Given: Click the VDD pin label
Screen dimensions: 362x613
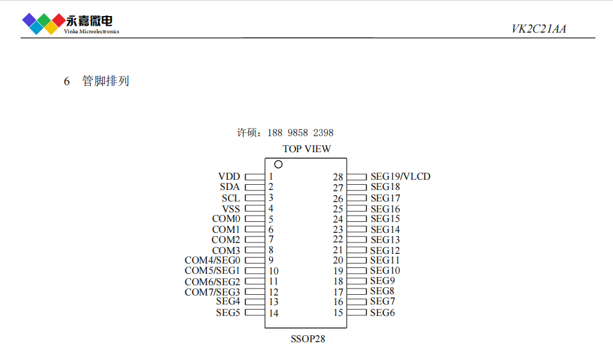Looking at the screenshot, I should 229,177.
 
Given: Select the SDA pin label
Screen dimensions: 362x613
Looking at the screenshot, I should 229,187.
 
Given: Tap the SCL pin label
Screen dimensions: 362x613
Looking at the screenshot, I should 230,198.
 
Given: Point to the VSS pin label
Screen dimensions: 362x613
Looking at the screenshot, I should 231,209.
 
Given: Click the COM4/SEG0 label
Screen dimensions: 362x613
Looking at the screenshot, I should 212,260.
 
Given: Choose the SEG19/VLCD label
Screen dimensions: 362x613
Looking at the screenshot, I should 400,177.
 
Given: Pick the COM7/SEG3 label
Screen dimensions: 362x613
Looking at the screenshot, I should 212,292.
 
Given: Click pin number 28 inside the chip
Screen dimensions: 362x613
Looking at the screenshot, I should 338,177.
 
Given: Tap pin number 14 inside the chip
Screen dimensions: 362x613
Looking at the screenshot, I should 274,313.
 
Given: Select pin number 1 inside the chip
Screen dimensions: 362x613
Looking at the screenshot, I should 271,177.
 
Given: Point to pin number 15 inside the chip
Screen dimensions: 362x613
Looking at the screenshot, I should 338,313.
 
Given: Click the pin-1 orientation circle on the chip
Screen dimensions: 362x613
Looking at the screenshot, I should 278,164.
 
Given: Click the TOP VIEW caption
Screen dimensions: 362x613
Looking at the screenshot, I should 307,149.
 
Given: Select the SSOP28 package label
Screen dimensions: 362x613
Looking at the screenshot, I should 308,339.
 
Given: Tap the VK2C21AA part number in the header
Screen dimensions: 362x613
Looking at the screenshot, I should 539,29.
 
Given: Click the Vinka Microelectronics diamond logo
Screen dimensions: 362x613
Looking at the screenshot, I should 42,23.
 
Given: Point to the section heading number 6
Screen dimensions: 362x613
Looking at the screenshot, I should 66,81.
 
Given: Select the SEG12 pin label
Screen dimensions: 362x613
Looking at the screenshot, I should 385,250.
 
